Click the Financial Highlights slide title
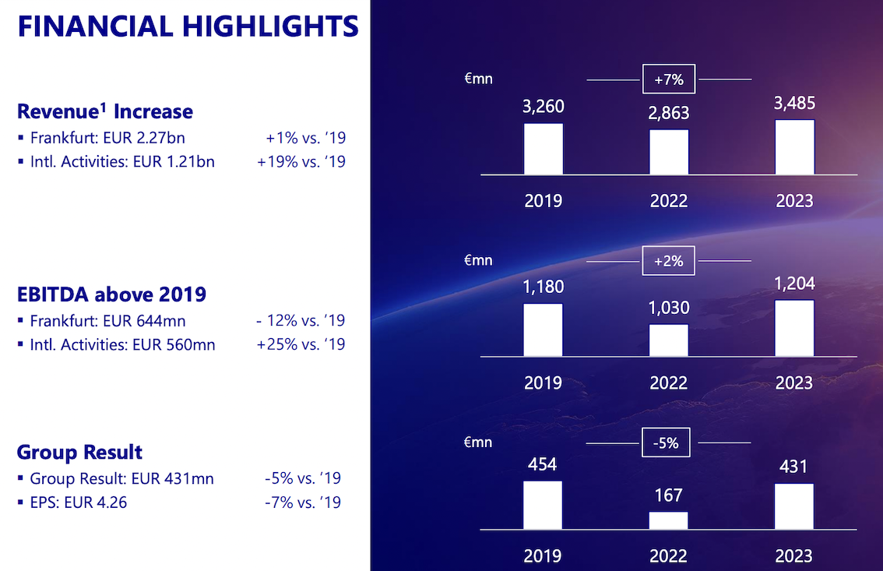click(188, 26)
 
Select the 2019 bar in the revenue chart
click(544, 149)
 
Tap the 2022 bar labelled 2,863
click(669, 152)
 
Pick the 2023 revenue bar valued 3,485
click(794, 147)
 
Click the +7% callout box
click(669, 79)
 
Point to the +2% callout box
click(669, 261)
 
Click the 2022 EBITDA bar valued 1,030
click(669, 340)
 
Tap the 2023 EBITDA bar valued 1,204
click(794, 329)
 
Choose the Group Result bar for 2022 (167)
click(669, 520)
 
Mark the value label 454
click(542, 464)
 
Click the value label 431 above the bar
click(793, 467)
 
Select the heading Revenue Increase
click(105, 111)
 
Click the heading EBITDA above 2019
click(111, 294)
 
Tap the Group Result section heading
click(79, 452)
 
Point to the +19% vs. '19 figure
click(301, 162)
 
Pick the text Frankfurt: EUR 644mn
click(107, 320)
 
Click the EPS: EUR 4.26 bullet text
click(78, 502)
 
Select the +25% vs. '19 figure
click(301, 344)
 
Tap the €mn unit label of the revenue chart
click(478, 78)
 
